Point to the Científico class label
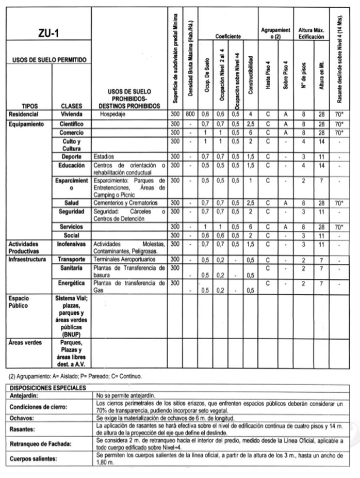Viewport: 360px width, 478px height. [72, 124]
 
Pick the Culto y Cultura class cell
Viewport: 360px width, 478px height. [72, 145]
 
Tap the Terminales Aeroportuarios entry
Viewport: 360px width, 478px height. [126, 259]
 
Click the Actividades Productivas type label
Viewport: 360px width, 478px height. [26, 247]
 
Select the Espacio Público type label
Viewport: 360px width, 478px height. [20, 302]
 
